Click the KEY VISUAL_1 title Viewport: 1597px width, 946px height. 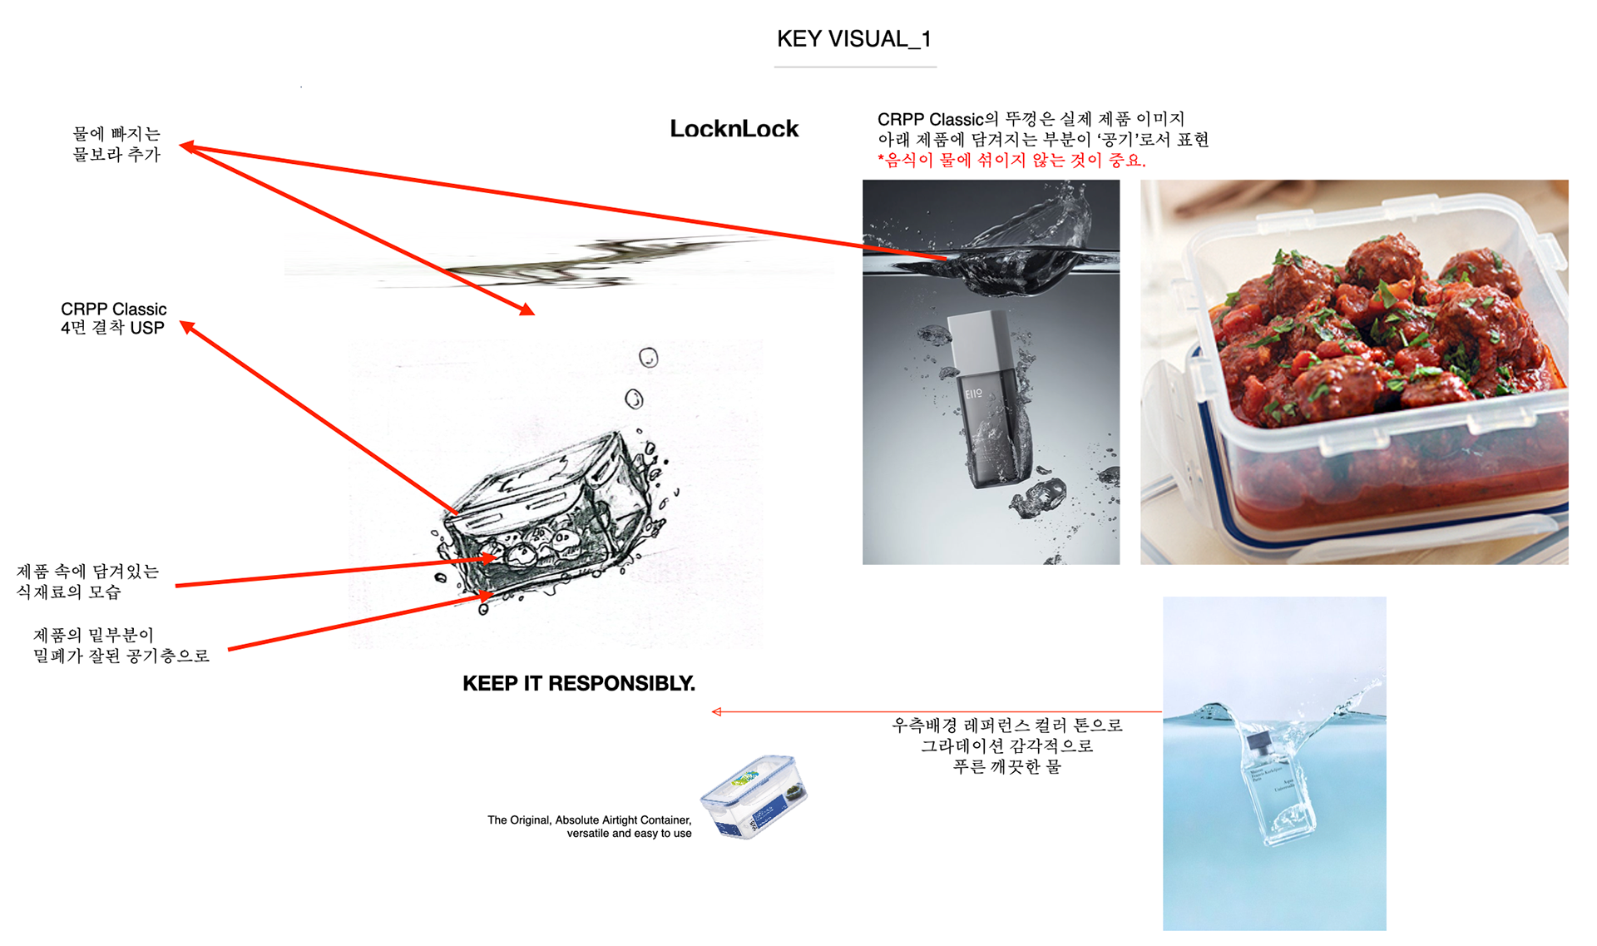coord(854,38)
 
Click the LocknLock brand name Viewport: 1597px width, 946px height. coord(734,128)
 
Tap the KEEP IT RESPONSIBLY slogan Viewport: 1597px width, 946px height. coord(579,683)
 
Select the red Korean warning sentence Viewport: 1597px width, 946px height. coord(1012,161)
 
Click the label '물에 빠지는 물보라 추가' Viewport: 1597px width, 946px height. coord(116,144)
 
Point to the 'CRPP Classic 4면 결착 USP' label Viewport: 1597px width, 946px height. coord(113,319)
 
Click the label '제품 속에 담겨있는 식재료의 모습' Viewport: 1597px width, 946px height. coord(87,582)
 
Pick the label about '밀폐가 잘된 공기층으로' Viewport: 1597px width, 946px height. coord(121,646)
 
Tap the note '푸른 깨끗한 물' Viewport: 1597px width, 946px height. coord(1007,766)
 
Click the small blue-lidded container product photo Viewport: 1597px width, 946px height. coord(754,796)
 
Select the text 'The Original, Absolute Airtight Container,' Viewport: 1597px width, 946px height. coord(589,820)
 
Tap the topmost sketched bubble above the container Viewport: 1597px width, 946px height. coord(649,358)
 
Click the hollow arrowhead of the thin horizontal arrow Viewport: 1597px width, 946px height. coord(717,711)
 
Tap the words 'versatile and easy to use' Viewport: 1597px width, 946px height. coord(629,833)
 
